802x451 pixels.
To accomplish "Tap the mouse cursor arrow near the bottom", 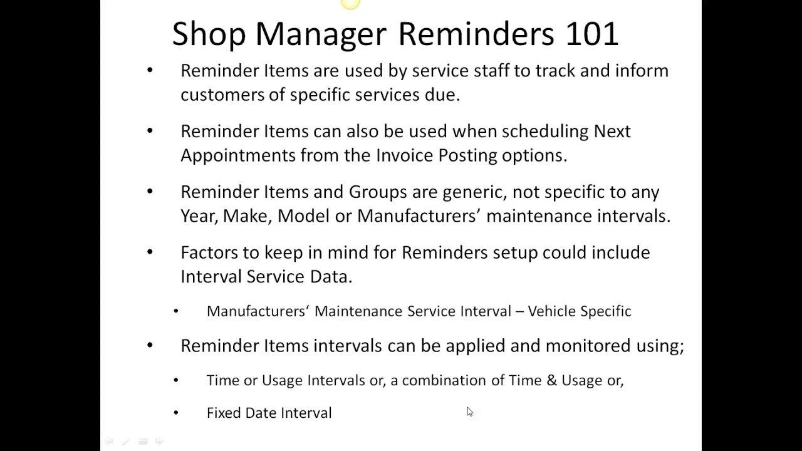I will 469,412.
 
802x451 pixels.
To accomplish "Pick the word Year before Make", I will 198,216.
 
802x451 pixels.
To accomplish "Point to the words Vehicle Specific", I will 580,311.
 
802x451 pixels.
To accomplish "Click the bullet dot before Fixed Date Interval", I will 176,413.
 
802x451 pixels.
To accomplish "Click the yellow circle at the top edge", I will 351,4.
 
